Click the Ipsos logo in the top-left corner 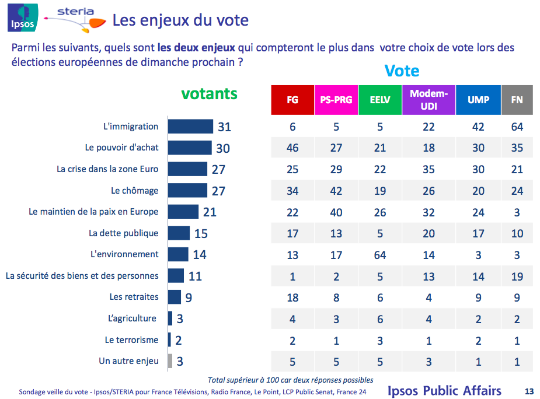[22, 17]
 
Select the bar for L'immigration [190, 127]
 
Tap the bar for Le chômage [187, 191]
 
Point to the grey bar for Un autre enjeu [170, 361]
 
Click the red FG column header [292, 100]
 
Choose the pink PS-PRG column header [336, 100]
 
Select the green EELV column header [380, 100]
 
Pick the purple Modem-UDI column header [429, 100]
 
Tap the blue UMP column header [478, 100]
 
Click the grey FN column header [517, 100]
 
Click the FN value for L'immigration [517, 127]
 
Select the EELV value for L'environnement [380, 254]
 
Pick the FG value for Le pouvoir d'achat [292, 148]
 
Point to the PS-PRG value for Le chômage [336, 191]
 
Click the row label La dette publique [124, 233]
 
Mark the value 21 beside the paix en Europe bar [209, 212]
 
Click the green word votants [210, 94]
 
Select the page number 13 [529, 391]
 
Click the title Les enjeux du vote [180, 21]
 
